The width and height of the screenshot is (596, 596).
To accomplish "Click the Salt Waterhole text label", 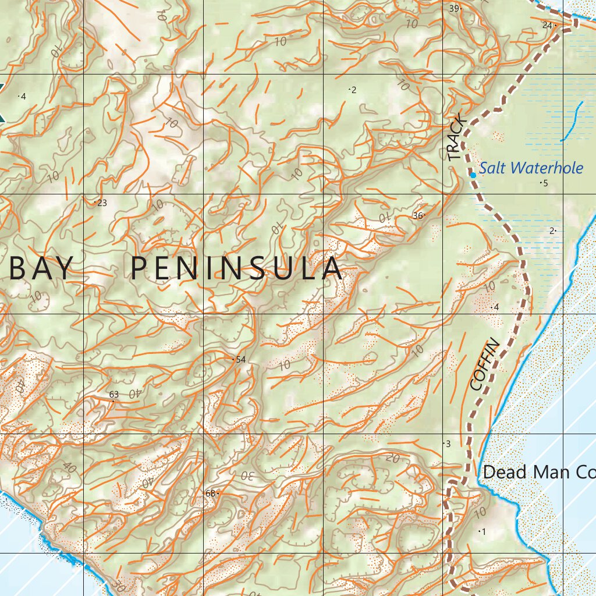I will [x=531, y=169].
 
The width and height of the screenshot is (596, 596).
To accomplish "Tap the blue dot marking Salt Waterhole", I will [x=473, y=175].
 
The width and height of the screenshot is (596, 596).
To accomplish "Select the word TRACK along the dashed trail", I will [x=457, y=138].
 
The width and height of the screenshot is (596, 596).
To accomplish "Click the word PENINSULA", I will [x=236, y=269].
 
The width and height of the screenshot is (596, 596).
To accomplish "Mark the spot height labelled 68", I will [x=211, y=494].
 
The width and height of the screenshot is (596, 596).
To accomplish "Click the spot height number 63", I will [x=113, y=395].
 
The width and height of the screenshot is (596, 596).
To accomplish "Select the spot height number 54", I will [x=240, y=360].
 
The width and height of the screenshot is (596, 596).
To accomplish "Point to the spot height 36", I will [x=417, y=215].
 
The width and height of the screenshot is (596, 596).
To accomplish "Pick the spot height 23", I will [x=101, y=203].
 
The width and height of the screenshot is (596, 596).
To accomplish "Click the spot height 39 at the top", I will [x=454, y=8].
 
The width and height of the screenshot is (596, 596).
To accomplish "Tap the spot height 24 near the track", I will [x=547, y=25].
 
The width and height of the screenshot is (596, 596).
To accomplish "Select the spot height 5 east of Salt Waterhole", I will [x=545, y=183].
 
